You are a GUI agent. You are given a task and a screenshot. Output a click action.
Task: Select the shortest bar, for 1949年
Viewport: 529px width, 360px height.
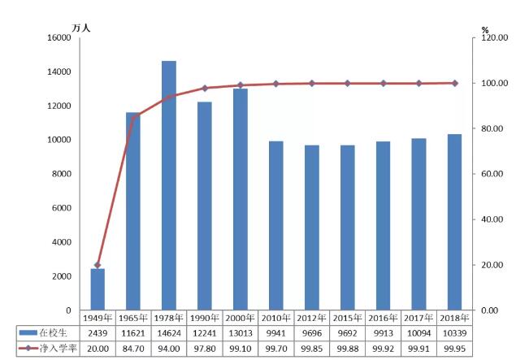point(98,289)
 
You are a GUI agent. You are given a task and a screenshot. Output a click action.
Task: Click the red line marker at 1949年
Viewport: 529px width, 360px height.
point(98,265)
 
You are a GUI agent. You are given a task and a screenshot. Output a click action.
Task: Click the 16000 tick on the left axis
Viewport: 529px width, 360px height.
point(59,38)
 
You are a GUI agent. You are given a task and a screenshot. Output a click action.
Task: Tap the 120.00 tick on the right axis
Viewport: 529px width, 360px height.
point(495,38)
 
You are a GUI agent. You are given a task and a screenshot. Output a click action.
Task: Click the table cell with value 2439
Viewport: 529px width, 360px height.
point(98,333)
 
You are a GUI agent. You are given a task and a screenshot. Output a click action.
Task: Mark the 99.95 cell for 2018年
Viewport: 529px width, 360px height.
point(455,349)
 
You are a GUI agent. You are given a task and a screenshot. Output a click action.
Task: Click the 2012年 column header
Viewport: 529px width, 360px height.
point(312,318)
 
